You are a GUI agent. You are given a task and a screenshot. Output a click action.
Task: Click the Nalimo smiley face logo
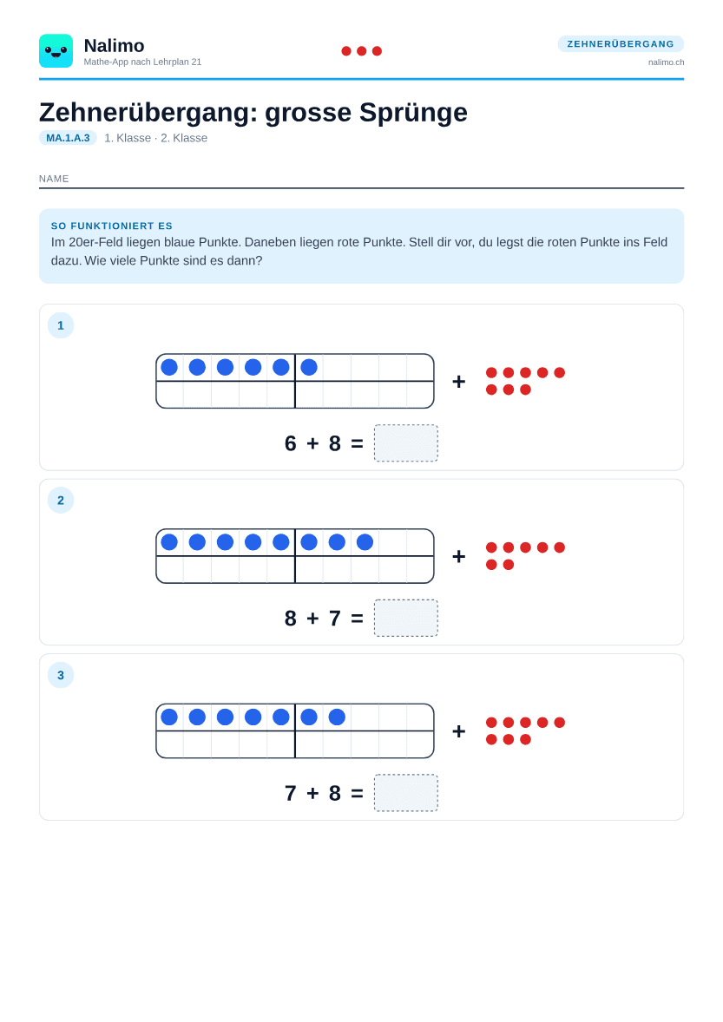pos(56,51)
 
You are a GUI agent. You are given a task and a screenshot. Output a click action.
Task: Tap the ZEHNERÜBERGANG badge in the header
pos(621,43)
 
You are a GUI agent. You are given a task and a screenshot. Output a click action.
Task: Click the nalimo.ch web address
pos(666,62)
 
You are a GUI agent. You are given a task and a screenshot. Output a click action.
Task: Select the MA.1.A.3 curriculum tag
pos(68,138)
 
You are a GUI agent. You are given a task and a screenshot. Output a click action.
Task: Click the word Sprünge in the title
pos(413,113)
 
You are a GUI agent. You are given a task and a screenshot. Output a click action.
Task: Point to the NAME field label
pos(54,179)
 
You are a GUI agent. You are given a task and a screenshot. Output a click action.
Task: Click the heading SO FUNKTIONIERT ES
pos(111,226)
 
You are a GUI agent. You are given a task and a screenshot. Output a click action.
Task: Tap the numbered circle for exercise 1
pos(61,325)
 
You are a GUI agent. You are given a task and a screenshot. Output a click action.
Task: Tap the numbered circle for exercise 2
pos(61,501)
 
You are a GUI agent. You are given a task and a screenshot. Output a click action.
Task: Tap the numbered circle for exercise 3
pos(61,675)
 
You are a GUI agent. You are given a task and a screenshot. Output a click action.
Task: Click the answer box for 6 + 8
pos(406,443)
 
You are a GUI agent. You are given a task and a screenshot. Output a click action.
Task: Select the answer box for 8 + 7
pos(406,618)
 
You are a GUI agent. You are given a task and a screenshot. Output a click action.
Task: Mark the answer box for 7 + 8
pos(406,793)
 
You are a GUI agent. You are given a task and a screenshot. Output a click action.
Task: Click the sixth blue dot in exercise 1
pos(309,367)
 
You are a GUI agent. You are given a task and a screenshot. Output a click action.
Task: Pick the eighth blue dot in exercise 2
pos(365,541)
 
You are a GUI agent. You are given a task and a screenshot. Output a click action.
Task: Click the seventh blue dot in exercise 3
pos(337,717)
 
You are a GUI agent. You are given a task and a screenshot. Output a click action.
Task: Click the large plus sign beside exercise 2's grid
pos(459,556)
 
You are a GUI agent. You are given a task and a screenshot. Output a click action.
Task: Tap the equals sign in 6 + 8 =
pos(358,443)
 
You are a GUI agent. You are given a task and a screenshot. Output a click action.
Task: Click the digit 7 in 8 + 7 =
pos(335,618)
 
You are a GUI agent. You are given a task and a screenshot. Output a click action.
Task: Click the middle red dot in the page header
pos(362,51)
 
